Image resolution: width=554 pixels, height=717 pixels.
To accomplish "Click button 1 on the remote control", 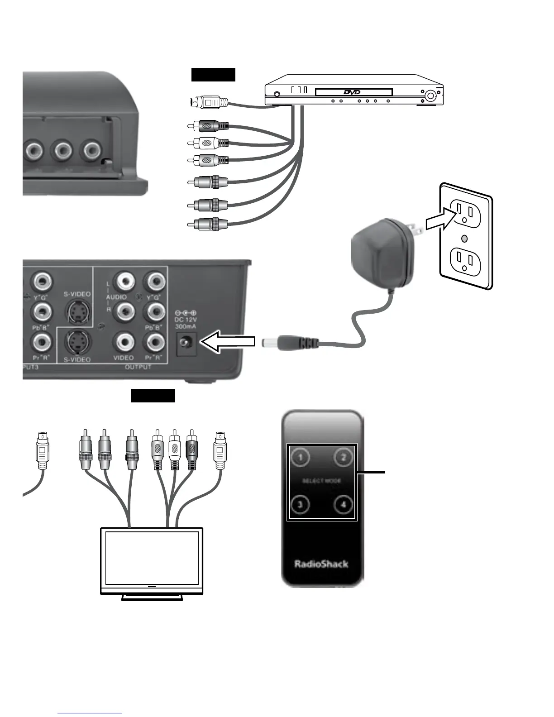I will coord(300,457).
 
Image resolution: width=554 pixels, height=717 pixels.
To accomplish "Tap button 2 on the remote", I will coord(344,457).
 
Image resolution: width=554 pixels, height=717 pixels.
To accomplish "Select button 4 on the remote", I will coord(344,504).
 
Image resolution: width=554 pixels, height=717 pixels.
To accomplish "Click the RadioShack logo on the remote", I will coord(321,564).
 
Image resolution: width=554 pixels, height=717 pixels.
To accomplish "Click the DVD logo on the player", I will coord(352,92).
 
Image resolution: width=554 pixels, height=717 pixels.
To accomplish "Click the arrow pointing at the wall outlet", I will coord(437,222).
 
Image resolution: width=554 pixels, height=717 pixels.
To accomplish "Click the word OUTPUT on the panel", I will coord(138,367).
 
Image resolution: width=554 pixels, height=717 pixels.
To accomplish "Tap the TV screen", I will coord(152,558).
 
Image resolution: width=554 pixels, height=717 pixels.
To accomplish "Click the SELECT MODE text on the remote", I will coord(322,481).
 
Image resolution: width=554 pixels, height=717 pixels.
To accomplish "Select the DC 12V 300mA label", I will coord(186,320).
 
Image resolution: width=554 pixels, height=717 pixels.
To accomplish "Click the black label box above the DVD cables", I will coord(213,75).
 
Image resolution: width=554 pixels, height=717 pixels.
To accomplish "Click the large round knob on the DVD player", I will coord(430,96).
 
